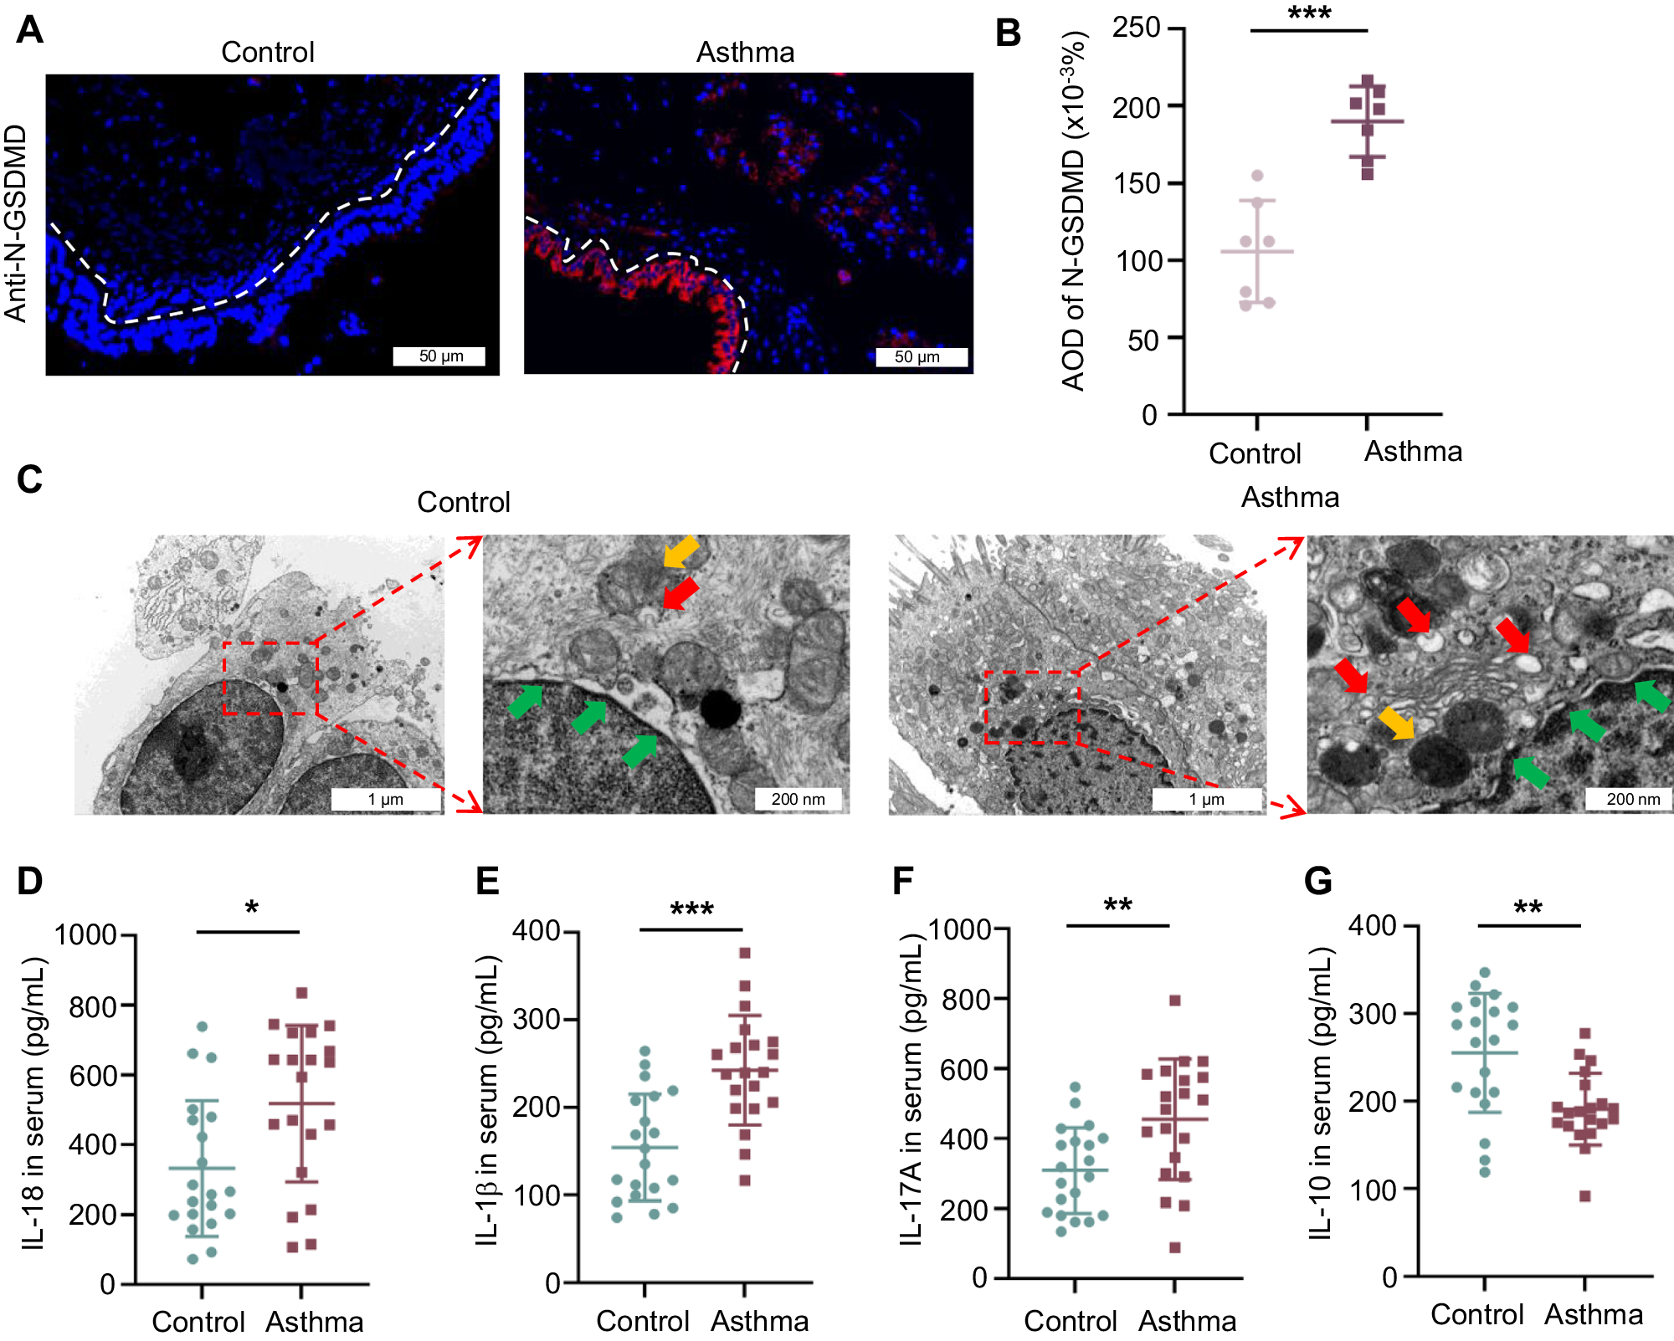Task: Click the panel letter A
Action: pos(29,30)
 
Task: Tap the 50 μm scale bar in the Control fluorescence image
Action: pos(440,356)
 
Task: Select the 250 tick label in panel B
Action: pos(1136,28)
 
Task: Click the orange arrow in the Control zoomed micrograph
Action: pos(680,552)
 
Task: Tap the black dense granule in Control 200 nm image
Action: pos(720,709)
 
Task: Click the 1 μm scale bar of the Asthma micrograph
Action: pos(1206,799)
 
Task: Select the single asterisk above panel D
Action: pos(251,909)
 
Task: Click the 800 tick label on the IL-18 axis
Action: pos(93,1006)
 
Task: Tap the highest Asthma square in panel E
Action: pos(745,953)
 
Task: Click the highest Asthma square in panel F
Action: pos(1174,1001)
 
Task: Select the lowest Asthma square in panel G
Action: pos(1584,1196)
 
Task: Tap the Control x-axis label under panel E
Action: pos(642,1321)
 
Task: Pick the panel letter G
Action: pos(1317,881)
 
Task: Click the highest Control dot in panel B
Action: pos(1257,176)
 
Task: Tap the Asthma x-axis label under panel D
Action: pos(315,1322)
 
